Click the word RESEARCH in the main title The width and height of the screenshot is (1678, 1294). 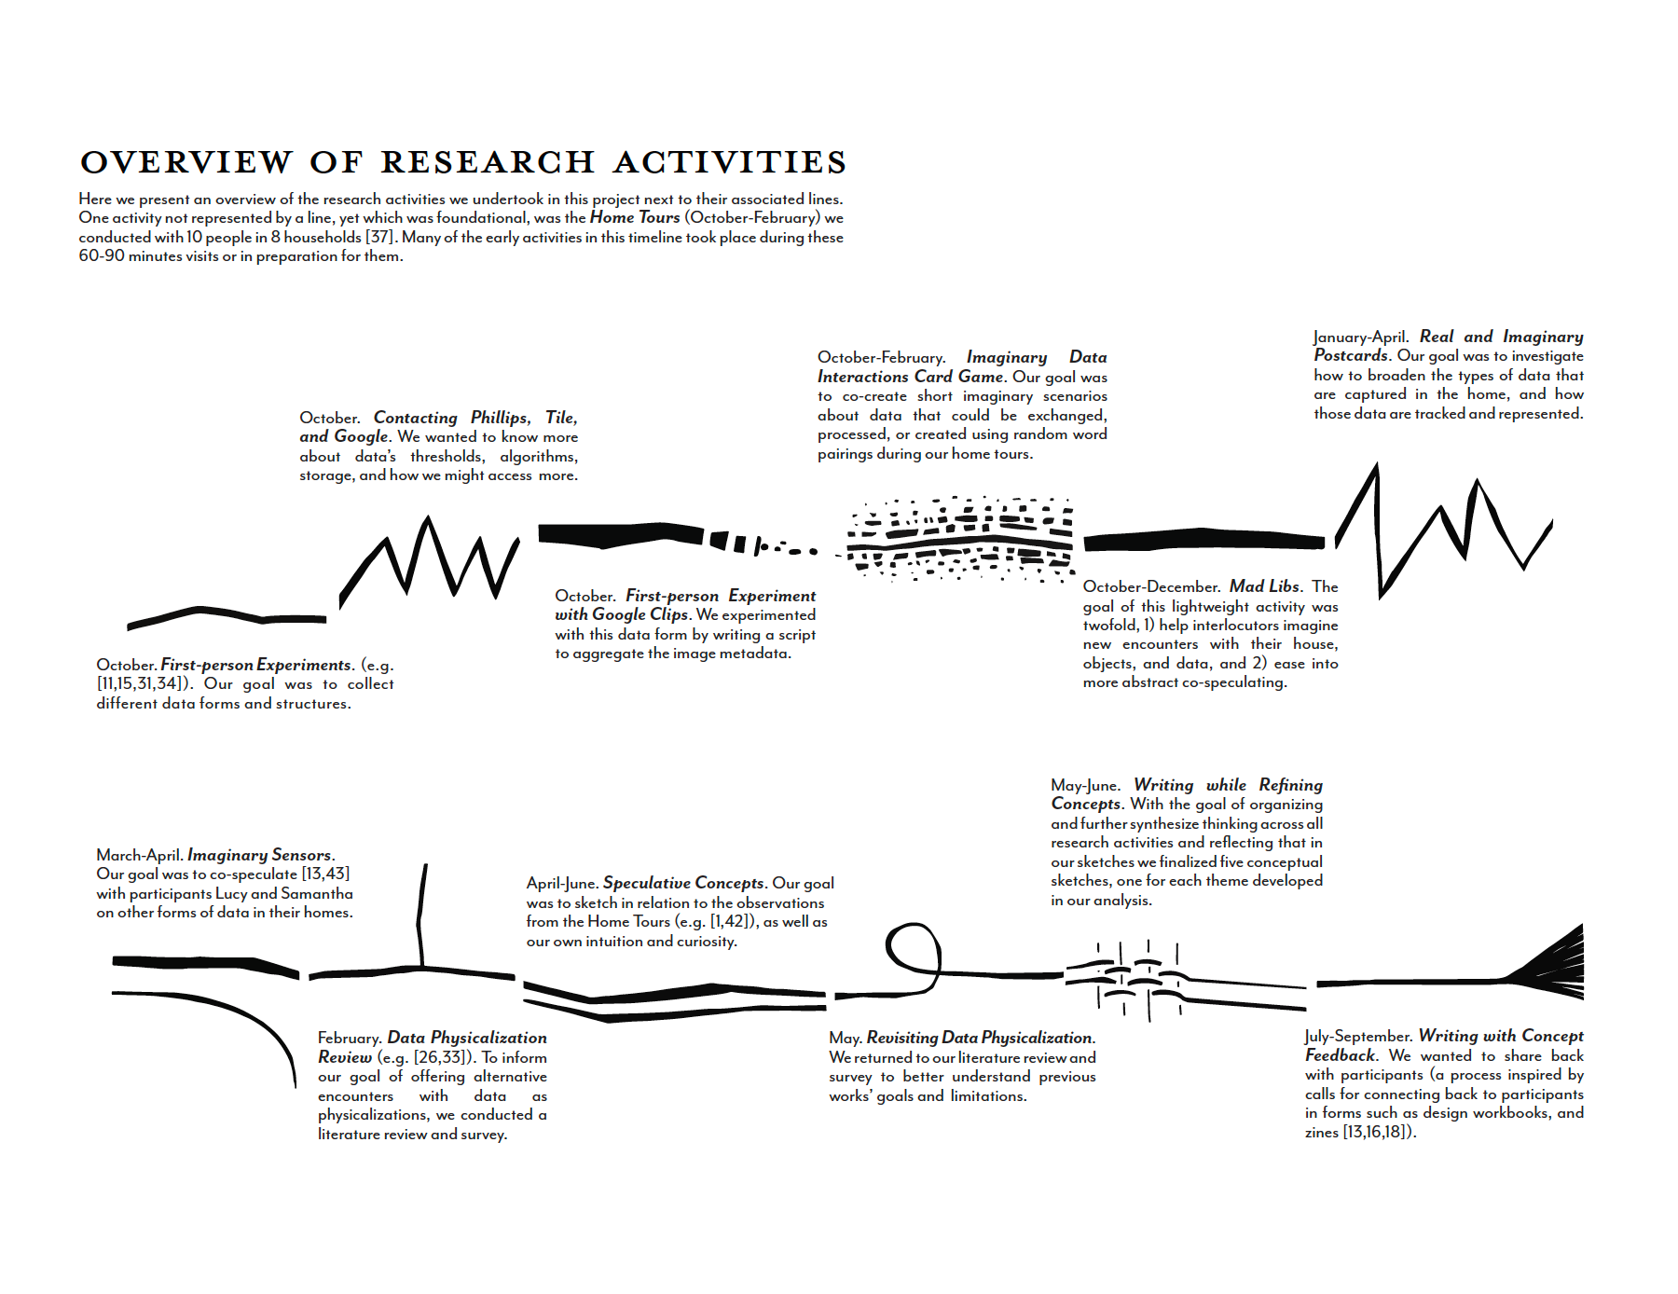coord(488,162)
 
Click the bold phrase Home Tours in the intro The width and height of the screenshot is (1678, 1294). coord(635,217)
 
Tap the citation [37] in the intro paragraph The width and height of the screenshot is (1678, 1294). coord(379,237)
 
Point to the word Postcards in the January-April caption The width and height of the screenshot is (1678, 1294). coord(1352,355)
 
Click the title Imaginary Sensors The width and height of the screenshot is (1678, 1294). coord(259,855)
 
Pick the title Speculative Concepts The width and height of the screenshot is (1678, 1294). coord(683,883)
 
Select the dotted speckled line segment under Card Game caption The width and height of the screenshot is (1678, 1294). coord(960,539)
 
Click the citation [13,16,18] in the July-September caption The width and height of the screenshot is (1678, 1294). coord(1378,1132)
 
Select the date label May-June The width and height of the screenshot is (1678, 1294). coord(1085,785)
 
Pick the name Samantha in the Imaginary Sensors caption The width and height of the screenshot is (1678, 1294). coord(317,893)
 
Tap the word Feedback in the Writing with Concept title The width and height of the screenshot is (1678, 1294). coord(1341,1055)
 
